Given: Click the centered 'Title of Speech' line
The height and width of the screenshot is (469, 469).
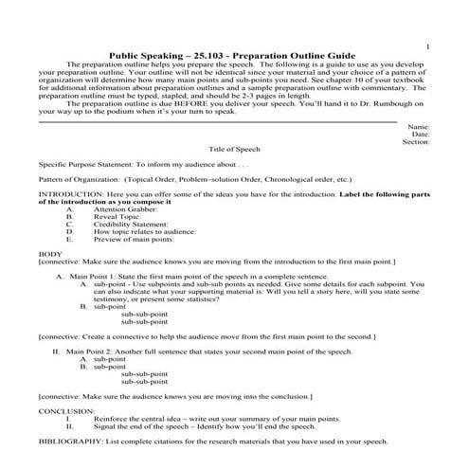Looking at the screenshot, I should pyautogui.click(x=232, y=151).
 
